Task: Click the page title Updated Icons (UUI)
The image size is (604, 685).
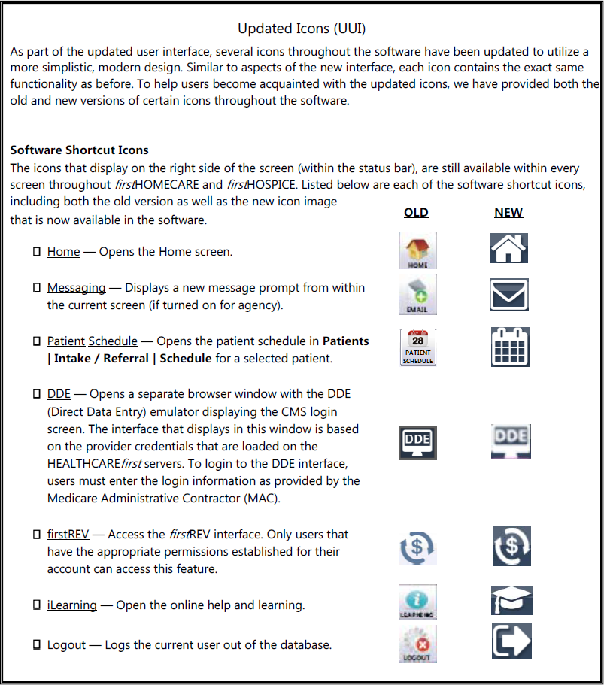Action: click(x=302, y=29)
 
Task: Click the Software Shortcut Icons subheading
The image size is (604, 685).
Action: click(x=79, y=150)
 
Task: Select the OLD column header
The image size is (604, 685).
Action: click(x=416, y=213)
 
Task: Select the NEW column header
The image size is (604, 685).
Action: click(x=508, y=213)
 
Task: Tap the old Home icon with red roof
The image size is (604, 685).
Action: click(x=417, y=250)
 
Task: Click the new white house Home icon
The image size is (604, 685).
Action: click(x=508, y=248)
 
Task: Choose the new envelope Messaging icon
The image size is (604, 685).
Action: click(x=509, y=294)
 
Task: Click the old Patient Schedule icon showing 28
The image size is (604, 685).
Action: click(x=417, y=347)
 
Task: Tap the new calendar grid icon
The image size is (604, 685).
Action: click(x=509, y=347)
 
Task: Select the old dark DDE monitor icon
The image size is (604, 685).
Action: click(x=417, y=442)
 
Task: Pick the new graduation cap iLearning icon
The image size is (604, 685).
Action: click(x=511, y=601)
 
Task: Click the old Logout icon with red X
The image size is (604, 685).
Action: click(x=417, y=645)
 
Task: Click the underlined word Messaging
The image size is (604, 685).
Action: click(x=76, y=288)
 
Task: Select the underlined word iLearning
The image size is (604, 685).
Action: click(x=71, y=605)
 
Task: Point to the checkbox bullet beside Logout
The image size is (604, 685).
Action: click(x=37, y=645)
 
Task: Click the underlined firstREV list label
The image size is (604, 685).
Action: click(x=68, y=535)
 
